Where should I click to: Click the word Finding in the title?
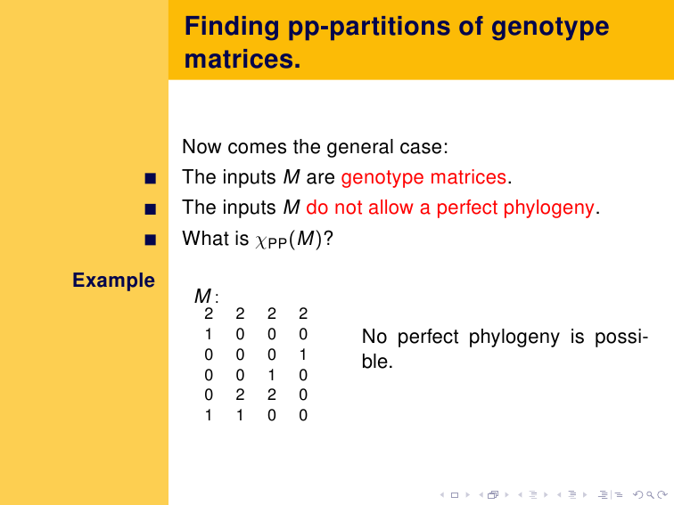(x=232, y=27)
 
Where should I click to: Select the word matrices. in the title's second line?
(x=242, y=59)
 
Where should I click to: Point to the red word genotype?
(x=382, y=178)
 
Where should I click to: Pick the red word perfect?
(x=466, y=208)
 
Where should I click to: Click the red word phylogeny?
(x=548, y=208)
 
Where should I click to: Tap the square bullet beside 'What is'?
(x=151, y=240)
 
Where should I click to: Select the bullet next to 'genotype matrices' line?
(x=151, y=178)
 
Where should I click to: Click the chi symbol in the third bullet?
(x=261, y=240)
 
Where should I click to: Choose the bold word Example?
(x=113, y=281)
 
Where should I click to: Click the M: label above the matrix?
(x=206, y=297)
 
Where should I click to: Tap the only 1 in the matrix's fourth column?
(x=303, y=354)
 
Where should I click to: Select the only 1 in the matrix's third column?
(x=272, y=375)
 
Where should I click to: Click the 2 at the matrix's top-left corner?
(x=209, y=314)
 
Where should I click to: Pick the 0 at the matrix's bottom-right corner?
(x=303, y=415)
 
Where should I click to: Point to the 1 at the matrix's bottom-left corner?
(x=209, y=415)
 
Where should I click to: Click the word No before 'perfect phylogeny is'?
(x=374, y=337)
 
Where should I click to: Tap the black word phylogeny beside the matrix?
(x=514, y=338)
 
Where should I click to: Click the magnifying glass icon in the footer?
(x=650, y=495)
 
